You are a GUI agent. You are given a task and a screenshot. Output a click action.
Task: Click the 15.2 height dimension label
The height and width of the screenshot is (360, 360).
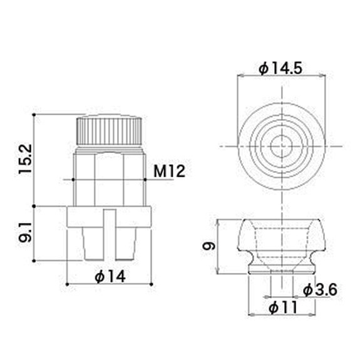point(24,160)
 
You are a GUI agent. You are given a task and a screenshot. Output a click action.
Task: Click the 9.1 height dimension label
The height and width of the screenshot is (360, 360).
point(24,232)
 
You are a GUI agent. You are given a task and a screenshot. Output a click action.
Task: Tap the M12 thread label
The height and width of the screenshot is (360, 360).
point(169,171)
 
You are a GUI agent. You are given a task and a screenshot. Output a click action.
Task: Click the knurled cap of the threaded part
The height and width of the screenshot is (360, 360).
point(109,130)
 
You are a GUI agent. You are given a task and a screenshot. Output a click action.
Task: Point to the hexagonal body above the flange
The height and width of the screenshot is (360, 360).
point(109,178)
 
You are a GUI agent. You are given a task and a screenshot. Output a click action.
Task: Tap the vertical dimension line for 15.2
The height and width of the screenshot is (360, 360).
point(38,160)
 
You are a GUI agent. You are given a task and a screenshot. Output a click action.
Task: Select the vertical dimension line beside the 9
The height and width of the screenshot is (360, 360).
point(218,246)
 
